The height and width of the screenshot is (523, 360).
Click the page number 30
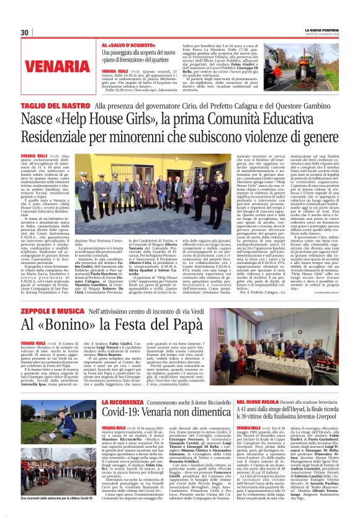(25, 32)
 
